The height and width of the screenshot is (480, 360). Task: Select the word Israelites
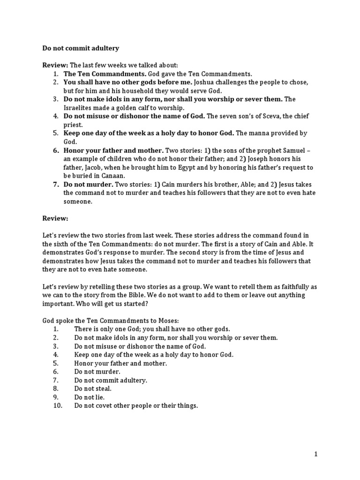(x=79, y=108)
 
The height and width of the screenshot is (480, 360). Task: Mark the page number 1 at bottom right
(x=316, y=454)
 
